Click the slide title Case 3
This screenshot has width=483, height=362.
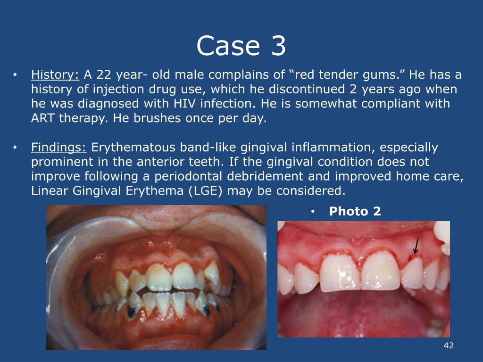241,46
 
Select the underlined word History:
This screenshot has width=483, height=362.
56,74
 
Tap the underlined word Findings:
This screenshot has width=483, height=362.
59,148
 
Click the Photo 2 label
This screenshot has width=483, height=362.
355,212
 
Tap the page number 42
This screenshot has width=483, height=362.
449,346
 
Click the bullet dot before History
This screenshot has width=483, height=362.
16,75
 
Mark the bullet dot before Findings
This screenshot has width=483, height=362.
16,148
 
